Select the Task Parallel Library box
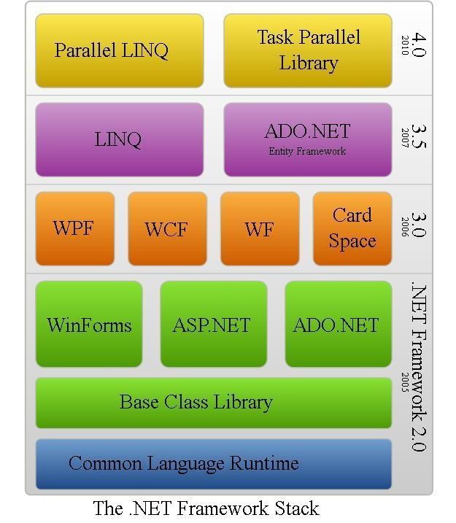[307, 50]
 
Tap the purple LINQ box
[119, 139]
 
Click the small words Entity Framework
[307, 152]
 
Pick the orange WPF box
[74, 228]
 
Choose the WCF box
[166, 228]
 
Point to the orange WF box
[259, 228]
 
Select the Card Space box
[352, 228]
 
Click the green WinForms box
[89, 325]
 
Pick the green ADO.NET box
[337, 325]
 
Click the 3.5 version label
[418, 134]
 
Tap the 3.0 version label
[418, 224]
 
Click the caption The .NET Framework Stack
[206, 508]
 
